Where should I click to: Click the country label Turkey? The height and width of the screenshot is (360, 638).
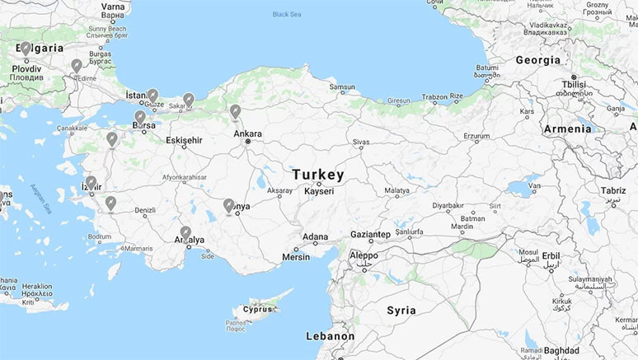click(x=318, y=175)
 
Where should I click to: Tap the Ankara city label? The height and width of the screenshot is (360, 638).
click(x=247, y=133)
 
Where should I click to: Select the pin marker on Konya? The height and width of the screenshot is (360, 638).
click(x=228, y=205)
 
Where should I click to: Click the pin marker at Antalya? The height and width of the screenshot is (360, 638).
click(x=185, y=232)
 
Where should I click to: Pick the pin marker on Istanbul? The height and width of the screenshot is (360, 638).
click(x=152, y=96)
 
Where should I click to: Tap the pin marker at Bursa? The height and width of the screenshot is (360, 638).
click(x=140, y=118)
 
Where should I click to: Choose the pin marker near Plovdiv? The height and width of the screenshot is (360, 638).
click(x=26, y=49)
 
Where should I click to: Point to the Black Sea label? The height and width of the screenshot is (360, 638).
click(x=287, y=14)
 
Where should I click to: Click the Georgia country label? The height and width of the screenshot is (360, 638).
click(x=537, y=60)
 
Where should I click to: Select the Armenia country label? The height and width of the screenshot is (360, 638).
click(x=567, y=129)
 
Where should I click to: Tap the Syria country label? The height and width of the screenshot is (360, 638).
click(x=401, y=311)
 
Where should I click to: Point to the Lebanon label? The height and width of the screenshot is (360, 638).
click(x=330, y=336)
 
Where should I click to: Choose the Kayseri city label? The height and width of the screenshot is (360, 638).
click(x=319, y=191)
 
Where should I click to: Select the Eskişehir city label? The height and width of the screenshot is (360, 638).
click(x=184, y=140)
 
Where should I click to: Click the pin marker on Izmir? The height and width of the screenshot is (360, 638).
click(x=91, y=182)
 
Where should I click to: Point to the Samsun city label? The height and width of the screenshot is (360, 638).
click(x=342, y=86)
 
